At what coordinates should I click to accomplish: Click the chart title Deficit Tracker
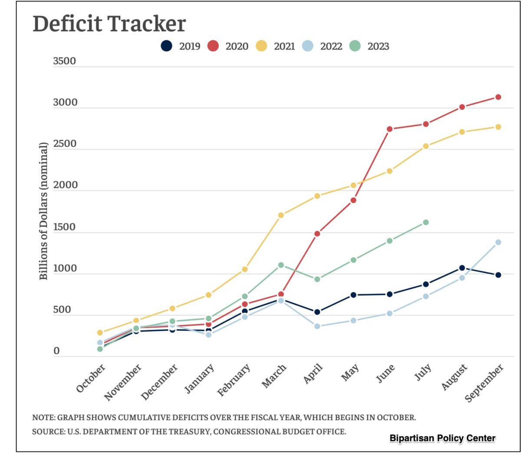(109, 23)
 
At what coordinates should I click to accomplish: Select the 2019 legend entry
(181, 46)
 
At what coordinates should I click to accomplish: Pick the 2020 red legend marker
(213, 46)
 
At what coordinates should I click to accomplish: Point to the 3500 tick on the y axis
(64, 61)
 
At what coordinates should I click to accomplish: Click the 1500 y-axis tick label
(64, 227)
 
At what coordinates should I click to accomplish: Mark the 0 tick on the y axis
(56, 351)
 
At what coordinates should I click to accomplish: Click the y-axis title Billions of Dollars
(43, 211)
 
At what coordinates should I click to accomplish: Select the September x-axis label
(485, 383)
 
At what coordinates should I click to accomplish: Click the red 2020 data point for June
(389, 129)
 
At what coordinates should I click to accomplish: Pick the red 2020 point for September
(498, 97)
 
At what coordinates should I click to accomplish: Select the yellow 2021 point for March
(281, 215)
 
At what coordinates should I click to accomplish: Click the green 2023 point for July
(425, 222)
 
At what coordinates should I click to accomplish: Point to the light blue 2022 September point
(498, 242)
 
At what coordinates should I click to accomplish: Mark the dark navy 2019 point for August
(462, 268)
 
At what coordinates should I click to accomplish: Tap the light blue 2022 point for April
(317, 326)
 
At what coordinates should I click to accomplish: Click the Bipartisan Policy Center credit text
(442, 438)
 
